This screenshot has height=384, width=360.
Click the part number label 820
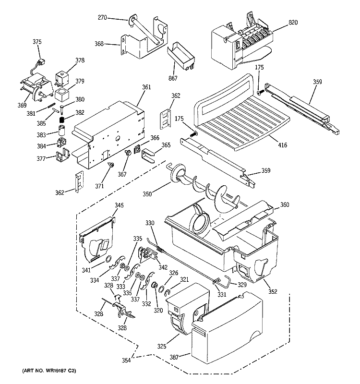[x=293, y=22]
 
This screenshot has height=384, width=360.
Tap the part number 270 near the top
[x=102, y=17]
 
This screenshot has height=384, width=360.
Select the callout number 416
[x=282, y=145]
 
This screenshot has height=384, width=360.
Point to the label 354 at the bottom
[x=126, y=360]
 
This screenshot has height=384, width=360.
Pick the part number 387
[x=174, y=357]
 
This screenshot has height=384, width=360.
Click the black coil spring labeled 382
[x=62, y=120]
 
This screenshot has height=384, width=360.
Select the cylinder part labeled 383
[x=62, y=130]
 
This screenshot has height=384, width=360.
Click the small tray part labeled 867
[x=181, y=55]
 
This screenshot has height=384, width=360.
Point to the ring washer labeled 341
[x=108, y=259]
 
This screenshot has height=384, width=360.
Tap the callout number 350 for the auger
[x=147, y=194]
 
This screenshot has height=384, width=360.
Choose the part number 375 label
[x=37, y=42]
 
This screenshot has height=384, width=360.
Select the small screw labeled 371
[x=111, y=166]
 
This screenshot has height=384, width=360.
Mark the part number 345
[x=119, y=205]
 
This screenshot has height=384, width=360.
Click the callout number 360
[x=284, y=204]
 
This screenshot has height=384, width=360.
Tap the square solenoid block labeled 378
[x=62, y=78]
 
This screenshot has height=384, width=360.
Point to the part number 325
[x=161, y=346]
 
